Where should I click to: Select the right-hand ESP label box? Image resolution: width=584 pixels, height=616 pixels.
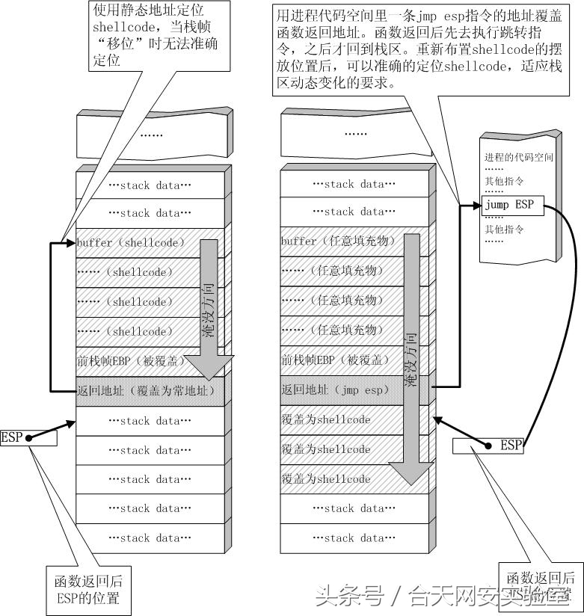488,446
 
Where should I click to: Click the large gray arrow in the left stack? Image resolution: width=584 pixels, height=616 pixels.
209,307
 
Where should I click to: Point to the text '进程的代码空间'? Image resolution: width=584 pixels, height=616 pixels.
518,158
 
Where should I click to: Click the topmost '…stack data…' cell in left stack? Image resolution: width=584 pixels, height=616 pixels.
150,185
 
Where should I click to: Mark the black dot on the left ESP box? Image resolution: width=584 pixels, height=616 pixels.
28,439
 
